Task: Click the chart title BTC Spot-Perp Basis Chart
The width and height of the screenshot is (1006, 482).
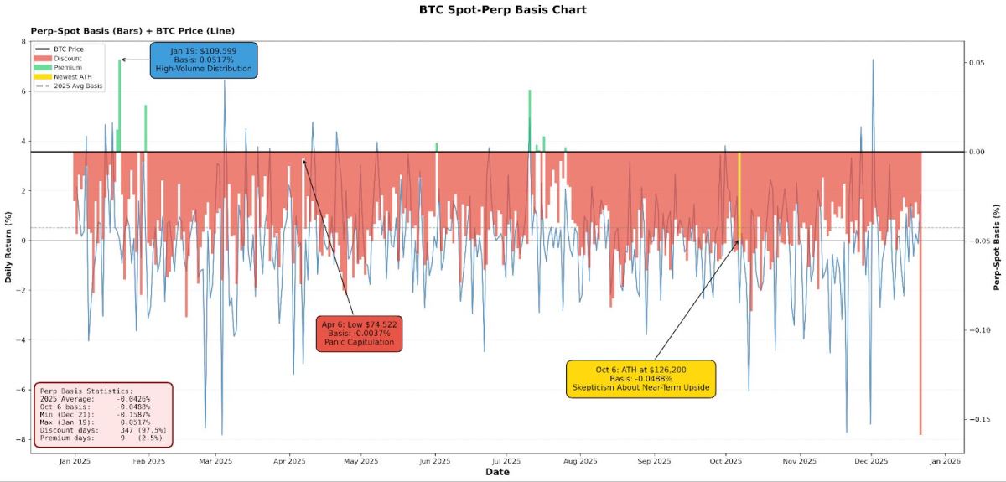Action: pos(503,10)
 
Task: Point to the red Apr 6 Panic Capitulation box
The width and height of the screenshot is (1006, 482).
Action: pos(359,333)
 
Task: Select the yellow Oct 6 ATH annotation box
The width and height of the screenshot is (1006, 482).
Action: pos(640,377)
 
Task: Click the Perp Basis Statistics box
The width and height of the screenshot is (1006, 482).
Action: pos(103,415)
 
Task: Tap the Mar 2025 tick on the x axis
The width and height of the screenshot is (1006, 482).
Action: pos(216,461)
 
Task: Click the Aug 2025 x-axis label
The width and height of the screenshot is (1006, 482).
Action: pos(580,461)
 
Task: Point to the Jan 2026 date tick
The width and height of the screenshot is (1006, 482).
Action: pos(945,461)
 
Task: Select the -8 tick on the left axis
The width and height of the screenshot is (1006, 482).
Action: pos(23,439)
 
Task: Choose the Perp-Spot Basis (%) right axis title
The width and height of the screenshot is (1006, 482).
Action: pos(998,246)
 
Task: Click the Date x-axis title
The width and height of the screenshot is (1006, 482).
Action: pos(497,473)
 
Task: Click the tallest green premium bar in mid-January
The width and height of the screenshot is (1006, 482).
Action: pos(120,106)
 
